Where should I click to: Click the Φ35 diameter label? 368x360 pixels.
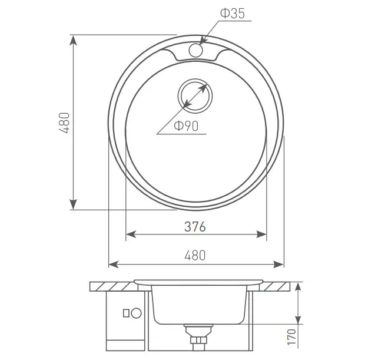click(x=233, y=13)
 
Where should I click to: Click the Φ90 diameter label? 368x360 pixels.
click(x=186, y=126)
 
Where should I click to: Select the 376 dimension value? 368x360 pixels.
click(x=195, y=227)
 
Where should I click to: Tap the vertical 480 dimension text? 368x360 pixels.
click(x=64, y=123)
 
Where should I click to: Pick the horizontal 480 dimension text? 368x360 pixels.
click(x=195, y=255)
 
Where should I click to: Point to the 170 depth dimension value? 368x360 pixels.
click(x=291, y=337)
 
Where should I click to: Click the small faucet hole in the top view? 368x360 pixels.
click(x=195, y=50)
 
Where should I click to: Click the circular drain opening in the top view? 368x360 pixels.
click(x=195, y=96)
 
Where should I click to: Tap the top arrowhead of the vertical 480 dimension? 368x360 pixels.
click(x=74, y=41)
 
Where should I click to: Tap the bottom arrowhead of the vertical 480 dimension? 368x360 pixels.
click(x=74, y=204)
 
